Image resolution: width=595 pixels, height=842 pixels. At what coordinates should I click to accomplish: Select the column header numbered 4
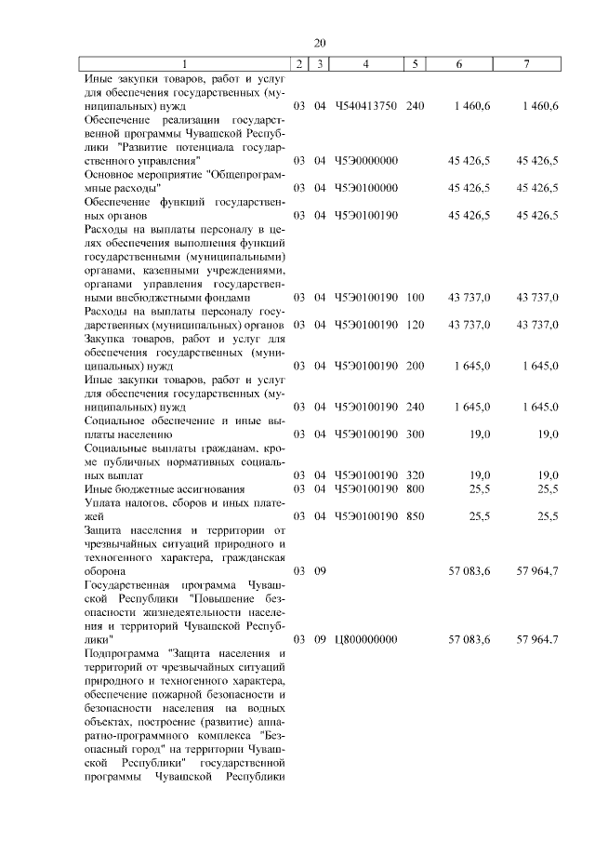[x=366, y=63]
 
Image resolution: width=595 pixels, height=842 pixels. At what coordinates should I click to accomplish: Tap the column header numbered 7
[x=527, y=63]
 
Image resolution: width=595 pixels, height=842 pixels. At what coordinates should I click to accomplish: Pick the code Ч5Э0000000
[x=366, y=161]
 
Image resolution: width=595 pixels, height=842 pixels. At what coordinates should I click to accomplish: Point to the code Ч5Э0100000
[x=366, y=188]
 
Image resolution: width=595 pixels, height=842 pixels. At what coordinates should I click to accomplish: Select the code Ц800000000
[x=366, y=640]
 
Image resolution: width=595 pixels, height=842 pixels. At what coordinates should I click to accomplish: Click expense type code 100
[x=416, y=298]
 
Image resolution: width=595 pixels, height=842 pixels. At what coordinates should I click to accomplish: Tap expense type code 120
[x=416, y=325]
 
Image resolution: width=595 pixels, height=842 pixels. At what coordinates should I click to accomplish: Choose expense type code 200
[x=416, y=366]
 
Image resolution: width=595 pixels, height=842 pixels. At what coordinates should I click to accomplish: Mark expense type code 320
[x=416, y=475]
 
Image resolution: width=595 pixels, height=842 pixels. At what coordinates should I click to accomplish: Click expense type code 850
[x=416, y=515]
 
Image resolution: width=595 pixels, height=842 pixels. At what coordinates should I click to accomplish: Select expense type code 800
[x=416, y=488]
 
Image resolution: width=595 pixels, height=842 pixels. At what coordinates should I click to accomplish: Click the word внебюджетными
[x=129, y=298]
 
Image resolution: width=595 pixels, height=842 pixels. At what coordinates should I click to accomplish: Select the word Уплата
[x=104, y=502]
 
